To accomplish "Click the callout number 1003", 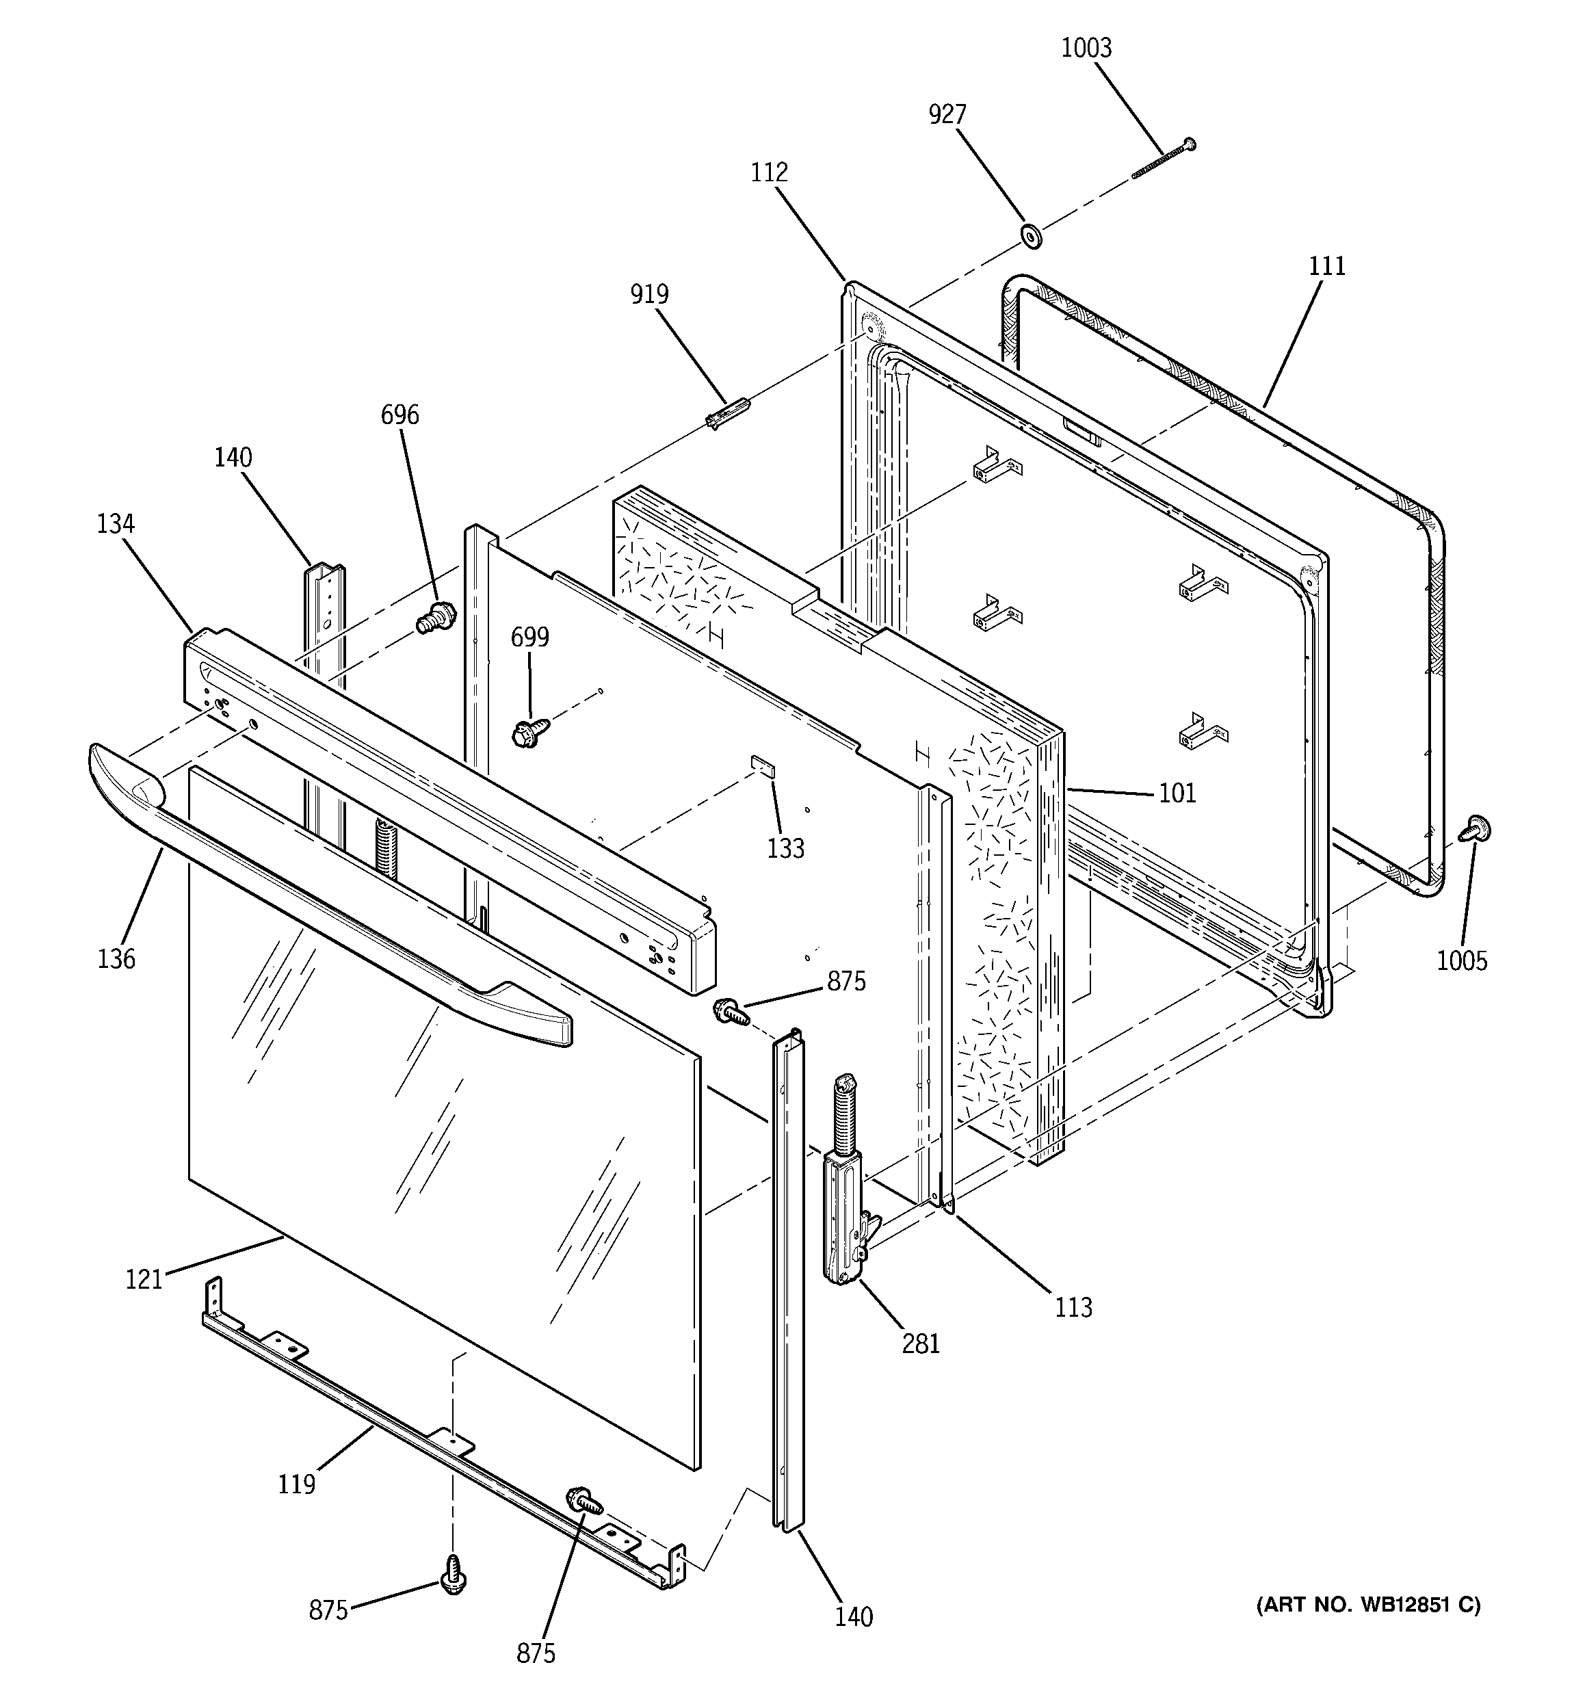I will [x=1086, y=49].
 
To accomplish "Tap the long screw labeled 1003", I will [x=1163, y=159].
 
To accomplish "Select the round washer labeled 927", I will [x=1031, y=236].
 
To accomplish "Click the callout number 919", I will [x=649, y=295].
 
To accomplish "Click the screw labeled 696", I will [x=436, y=616].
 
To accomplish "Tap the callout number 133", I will [x=785, y=848].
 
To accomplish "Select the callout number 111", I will [x=1326, y=267].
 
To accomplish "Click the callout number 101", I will [x=1177, y=793].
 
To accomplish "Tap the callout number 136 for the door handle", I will [x=117, y=959].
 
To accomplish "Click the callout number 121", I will [x=144, y=1279].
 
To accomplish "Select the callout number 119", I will [x=296, y=1484].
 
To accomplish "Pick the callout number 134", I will [x=116, y=524].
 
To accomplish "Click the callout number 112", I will [x=770, y=173].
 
